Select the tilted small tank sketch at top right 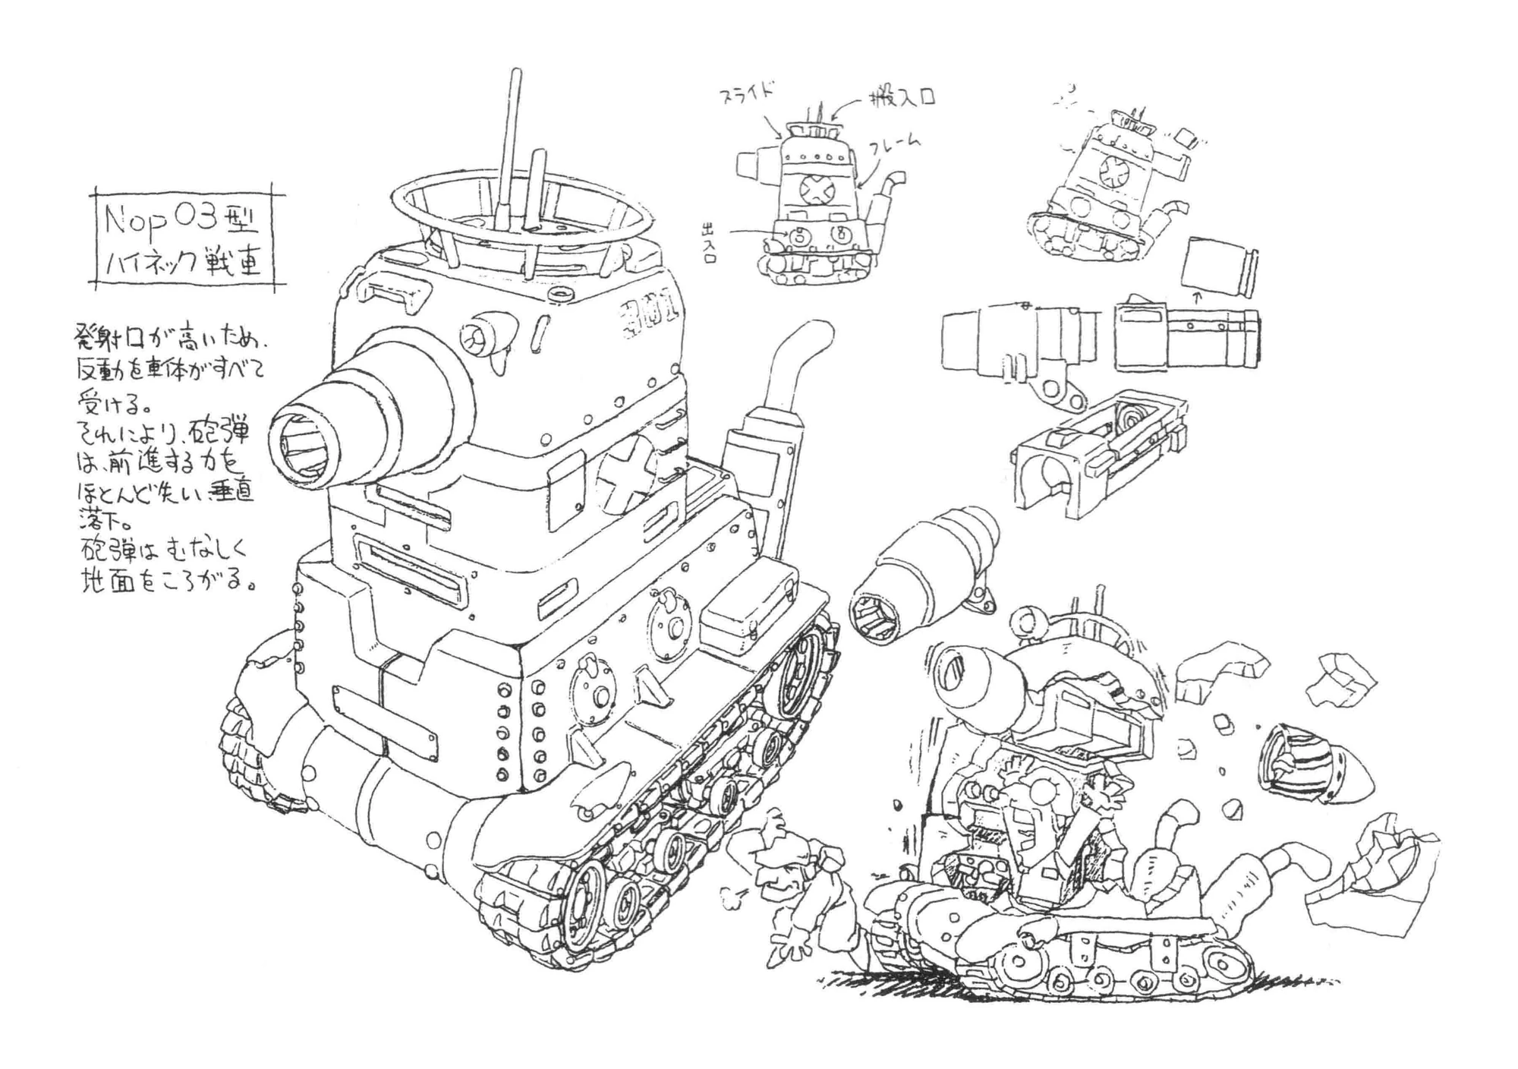[1108, 190]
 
